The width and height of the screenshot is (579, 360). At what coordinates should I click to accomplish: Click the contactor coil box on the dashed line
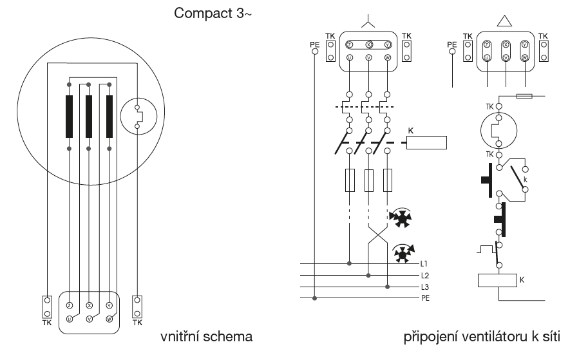pos(426,142)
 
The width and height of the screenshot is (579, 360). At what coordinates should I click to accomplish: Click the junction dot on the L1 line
pos(348,264)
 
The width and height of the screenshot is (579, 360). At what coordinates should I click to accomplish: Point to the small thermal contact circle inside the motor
pos(137,115)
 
